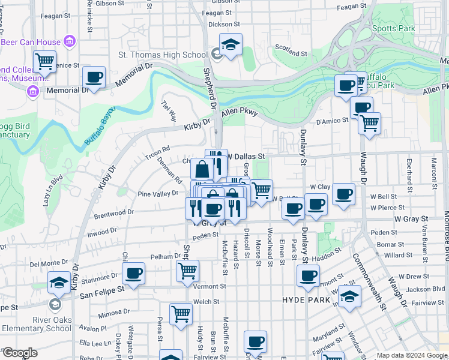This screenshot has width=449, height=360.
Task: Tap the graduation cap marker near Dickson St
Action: coord(231,45)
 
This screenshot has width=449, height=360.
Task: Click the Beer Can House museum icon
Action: coord(70,42)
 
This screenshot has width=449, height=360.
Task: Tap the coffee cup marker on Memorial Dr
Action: coord(94,77)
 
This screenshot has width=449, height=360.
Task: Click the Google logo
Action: coord(19,353)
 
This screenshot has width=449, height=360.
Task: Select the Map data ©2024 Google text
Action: coord(411,355)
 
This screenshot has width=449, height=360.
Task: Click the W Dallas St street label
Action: coord(245,156)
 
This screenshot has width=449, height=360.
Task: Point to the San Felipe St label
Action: coord(102,288)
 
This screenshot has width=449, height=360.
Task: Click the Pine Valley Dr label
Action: coord(158,194)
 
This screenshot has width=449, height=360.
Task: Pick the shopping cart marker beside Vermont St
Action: coord(187,271)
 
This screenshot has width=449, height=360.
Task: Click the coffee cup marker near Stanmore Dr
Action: coord(133,274)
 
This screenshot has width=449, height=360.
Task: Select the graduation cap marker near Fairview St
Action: coord(349,296)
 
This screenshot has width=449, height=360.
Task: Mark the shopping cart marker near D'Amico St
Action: coord(369,123)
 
